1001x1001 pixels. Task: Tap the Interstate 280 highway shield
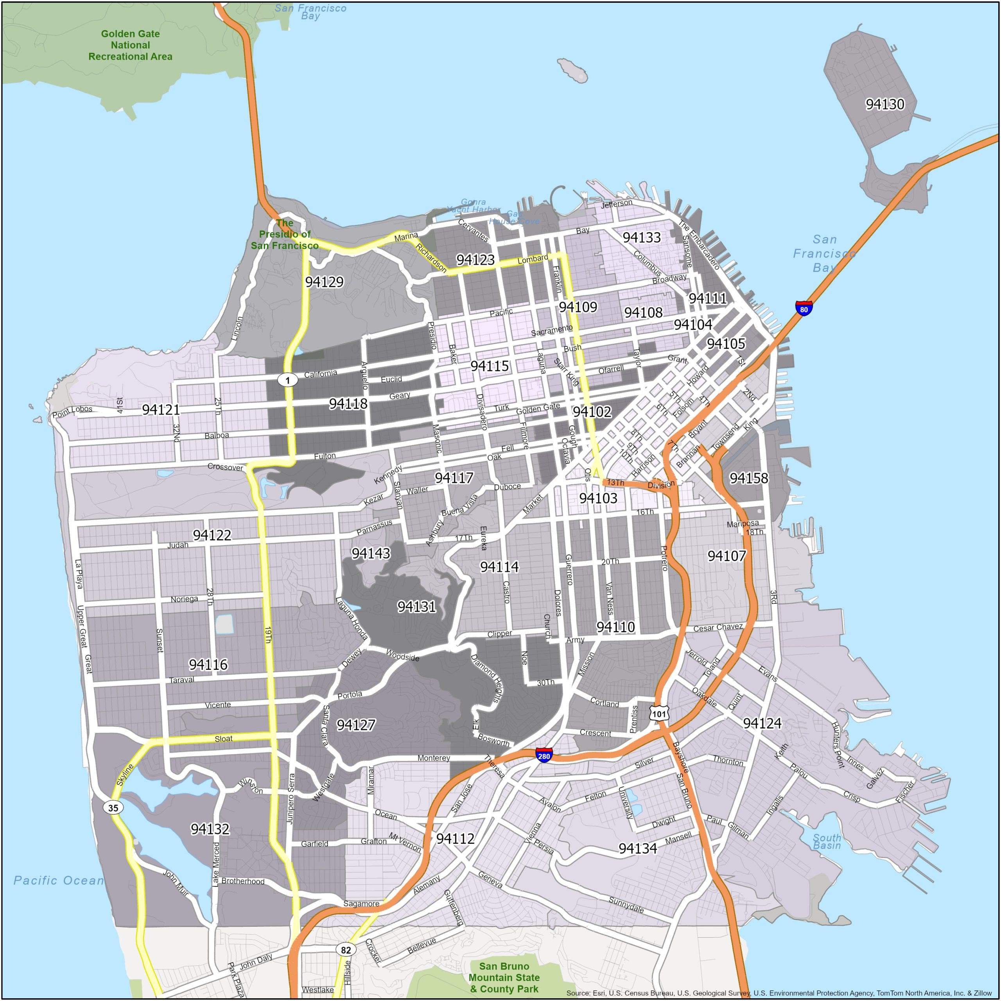click(544, 756)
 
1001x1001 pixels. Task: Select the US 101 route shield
click(659, 714)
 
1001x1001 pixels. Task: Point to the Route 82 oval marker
click(346, 950)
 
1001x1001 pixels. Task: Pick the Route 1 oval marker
click(287, 380)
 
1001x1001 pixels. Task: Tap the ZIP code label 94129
click(324, 282)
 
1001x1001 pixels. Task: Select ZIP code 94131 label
click(416, 606)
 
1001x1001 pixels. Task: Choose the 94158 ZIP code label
click(749, 478)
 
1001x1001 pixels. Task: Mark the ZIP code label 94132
click(210, 829)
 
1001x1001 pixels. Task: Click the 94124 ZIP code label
click(762, 723)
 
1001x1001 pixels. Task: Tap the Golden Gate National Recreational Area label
click(130, 45)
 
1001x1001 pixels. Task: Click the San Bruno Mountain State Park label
click(504, 977)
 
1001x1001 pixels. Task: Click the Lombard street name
click(533, 258)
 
